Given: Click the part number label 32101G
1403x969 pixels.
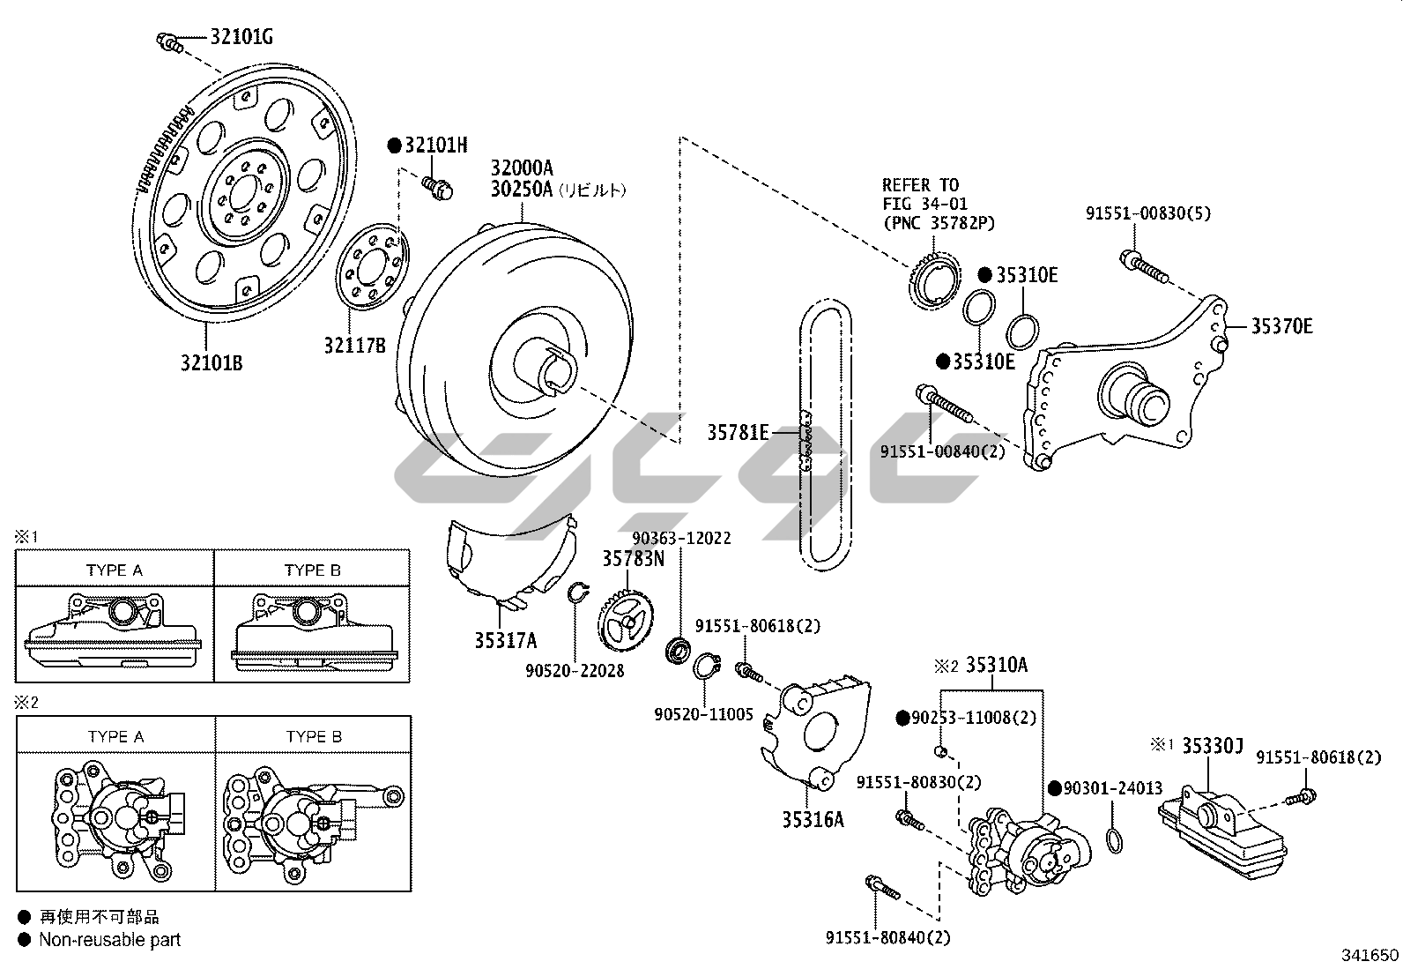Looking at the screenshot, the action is [241, 37].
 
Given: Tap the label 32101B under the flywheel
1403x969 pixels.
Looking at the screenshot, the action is [212, 363].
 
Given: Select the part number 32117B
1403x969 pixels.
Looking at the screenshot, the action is [354, 346].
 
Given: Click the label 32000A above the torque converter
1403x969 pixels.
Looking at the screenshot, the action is [522, 168].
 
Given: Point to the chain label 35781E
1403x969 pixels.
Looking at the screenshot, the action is [738, 432].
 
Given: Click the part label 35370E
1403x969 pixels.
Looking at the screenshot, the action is [1282, 326].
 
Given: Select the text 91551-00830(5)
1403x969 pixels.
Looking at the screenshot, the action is [1148, 213].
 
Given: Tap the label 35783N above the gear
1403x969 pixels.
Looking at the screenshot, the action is [634, 558].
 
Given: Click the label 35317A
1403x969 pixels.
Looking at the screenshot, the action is [506, 641].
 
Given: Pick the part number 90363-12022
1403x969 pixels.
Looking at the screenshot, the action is [681, 539].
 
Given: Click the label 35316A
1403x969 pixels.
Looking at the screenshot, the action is [813, 819].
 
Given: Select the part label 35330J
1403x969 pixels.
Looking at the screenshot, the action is [1213, 746].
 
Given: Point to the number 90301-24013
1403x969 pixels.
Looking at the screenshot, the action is [1113, 788].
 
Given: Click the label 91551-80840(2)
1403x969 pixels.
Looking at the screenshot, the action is [888, 937].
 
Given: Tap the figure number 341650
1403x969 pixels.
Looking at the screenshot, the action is [1370, 955].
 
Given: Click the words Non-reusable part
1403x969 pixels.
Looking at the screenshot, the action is [109, 940].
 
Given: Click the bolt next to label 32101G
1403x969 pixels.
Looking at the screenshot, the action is [169, 42].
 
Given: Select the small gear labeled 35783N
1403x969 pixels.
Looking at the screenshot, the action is [625, 622].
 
